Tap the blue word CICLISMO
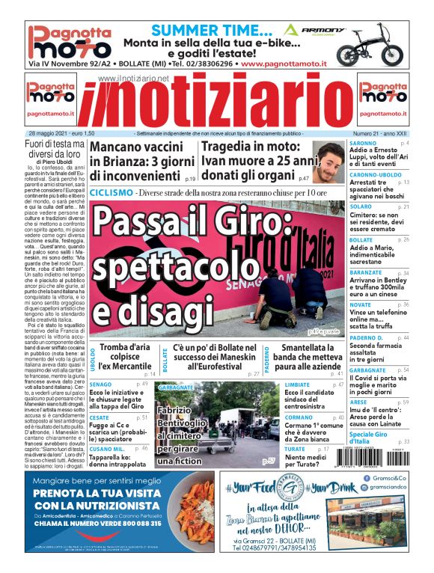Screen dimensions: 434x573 click(x=111, y=193)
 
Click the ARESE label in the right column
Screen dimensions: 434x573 click(x=358, y=402)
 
